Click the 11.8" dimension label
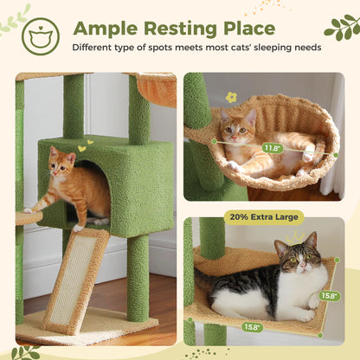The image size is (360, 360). point(273,148)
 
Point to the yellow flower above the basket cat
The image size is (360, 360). point(231,97)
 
